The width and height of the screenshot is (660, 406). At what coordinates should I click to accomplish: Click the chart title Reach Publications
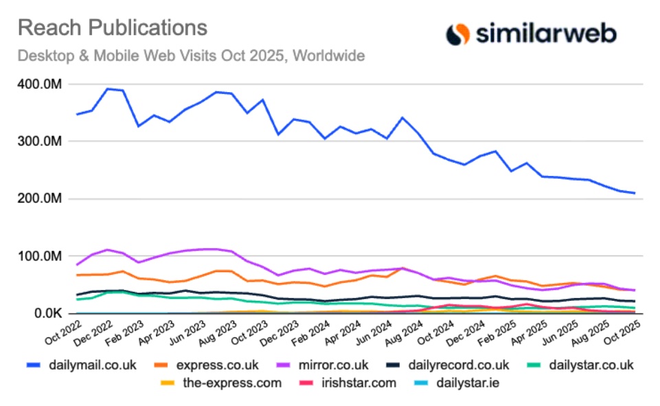coord(112,28)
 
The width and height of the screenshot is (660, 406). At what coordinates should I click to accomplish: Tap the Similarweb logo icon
coord(457,34)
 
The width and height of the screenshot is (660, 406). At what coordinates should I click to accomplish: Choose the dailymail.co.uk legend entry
coord(83,365)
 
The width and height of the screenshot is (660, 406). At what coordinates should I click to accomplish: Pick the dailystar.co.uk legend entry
coord(589,365)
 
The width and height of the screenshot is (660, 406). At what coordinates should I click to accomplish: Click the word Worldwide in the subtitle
coord(328,56)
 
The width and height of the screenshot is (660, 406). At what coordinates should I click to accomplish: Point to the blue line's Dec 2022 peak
coord(107,89)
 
